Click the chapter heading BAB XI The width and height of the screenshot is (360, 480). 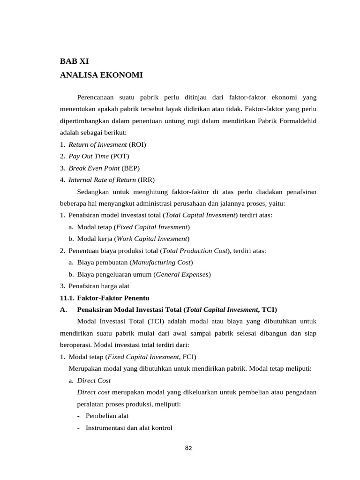(74, 60)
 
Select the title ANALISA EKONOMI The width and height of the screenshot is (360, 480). (101, 75)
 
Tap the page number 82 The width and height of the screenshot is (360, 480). (188, 448)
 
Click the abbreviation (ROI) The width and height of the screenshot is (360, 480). (137, 144)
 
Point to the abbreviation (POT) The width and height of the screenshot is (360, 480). (120, 156)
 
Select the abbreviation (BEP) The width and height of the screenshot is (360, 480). (130, 168)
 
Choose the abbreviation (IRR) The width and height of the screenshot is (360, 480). (146, 180)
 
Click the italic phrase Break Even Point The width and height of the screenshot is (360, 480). (94, 168)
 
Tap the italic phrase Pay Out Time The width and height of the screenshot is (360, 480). (89, 156)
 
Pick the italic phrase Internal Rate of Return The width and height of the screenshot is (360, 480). (102, 180)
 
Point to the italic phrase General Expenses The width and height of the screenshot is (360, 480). (182, 274)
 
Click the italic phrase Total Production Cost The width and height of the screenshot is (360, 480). (195, 251)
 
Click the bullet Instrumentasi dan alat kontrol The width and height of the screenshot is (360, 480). (129, 427)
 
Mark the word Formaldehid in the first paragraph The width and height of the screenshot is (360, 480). (297, 120)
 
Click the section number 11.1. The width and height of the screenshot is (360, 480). (67, 298)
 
